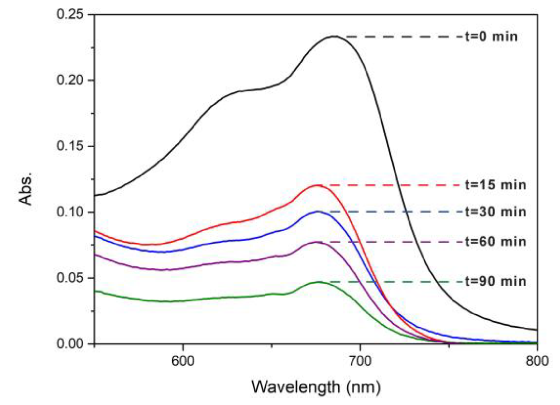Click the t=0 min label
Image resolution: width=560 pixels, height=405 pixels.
coord(491,36)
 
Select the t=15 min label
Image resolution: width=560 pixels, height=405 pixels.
coord(495,185)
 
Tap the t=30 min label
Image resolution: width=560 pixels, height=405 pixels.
coord(495,212)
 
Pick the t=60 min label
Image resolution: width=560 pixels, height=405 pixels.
coord(495,242)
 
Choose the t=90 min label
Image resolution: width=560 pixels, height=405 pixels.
coord(495,281)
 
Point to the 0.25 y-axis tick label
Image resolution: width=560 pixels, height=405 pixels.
coord(70,14)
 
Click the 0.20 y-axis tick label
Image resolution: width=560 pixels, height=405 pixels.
coord(70,80)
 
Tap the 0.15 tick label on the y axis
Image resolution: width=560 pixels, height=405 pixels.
coord(70,146)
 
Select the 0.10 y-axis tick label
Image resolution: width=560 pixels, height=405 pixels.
coord(70,212)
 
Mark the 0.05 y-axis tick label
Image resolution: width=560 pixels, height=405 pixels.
coord(70,278)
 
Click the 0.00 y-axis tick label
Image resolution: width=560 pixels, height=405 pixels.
coord(70,344)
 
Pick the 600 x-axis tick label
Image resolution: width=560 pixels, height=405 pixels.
coord(183,361)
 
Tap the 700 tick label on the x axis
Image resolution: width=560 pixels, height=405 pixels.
coord(360,361)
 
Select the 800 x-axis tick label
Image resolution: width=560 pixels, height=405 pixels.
coord(537,361)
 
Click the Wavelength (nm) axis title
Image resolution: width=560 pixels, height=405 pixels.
coord(316,387)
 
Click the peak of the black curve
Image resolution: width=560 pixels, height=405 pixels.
coord(335,36)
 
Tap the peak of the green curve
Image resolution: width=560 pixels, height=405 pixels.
coord(319,282)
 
